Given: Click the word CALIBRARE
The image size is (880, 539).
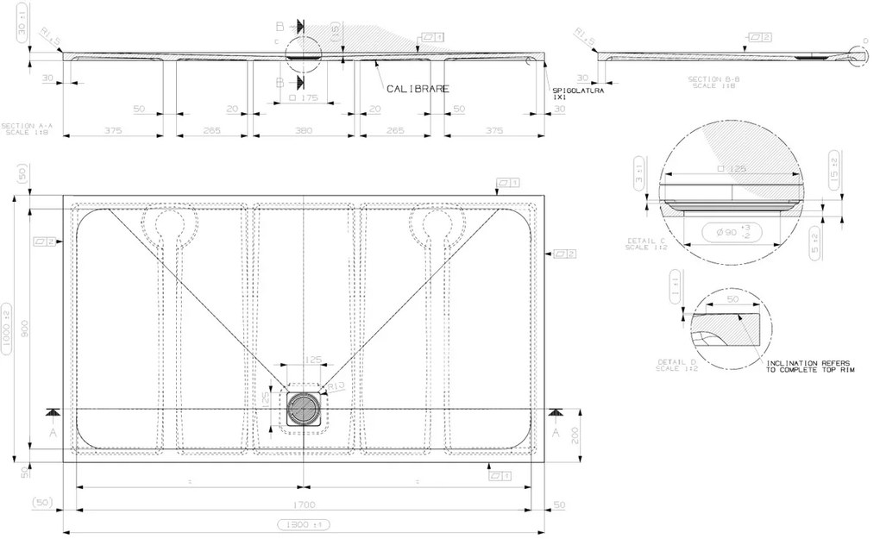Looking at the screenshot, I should click(418, 89).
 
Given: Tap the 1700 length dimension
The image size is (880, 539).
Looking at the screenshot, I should click(304, 505).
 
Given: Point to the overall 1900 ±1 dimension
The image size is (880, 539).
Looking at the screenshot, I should click(304, 524).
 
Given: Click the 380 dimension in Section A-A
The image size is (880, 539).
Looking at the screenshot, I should click(304, 130).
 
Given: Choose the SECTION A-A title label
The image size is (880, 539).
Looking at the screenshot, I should click(28, 128).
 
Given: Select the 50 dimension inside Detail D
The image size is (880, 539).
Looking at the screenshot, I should click(732, 300).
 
